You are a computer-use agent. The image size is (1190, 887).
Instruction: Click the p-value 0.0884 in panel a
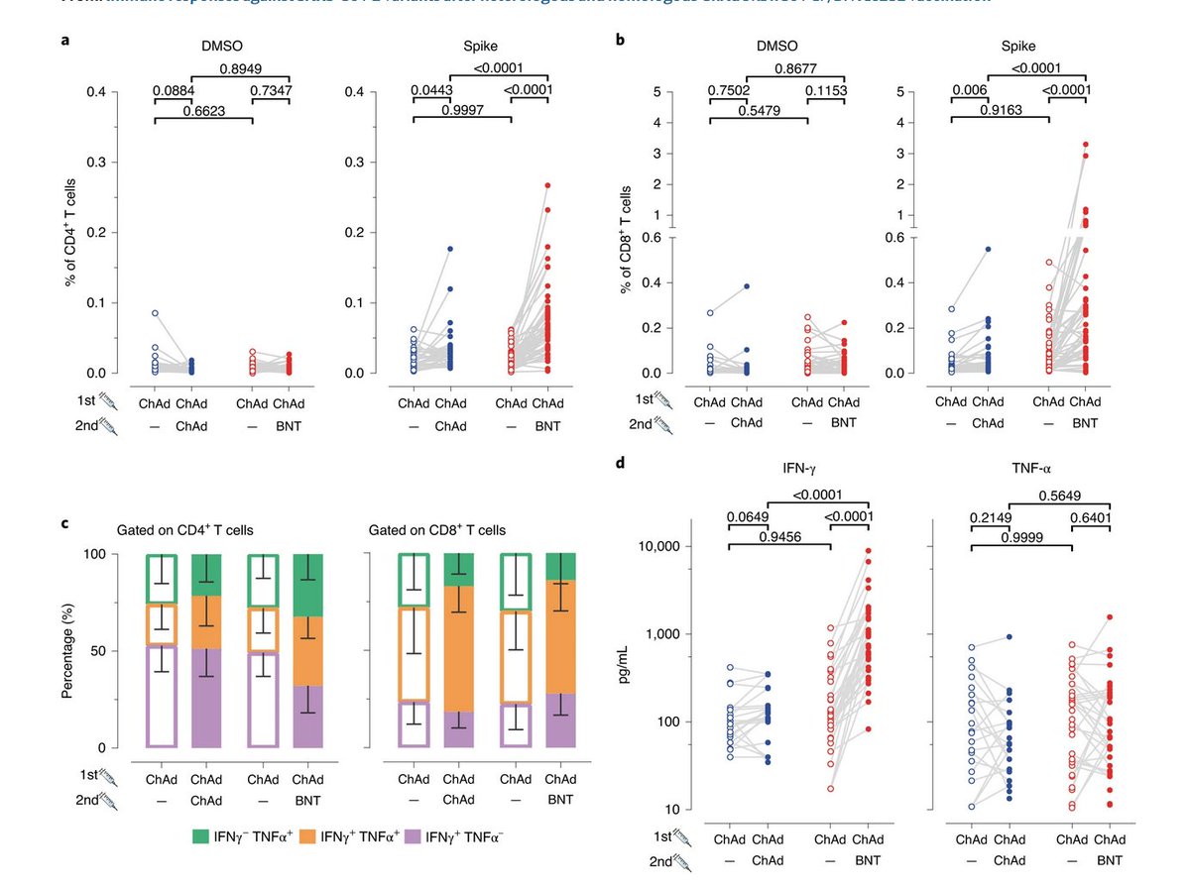click(173, 91)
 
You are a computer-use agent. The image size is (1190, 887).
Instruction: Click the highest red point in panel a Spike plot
click(547, 185)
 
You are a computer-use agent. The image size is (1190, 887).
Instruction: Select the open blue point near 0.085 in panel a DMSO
click(156, 313)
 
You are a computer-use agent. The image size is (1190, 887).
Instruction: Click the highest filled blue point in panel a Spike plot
click(448, 249)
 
